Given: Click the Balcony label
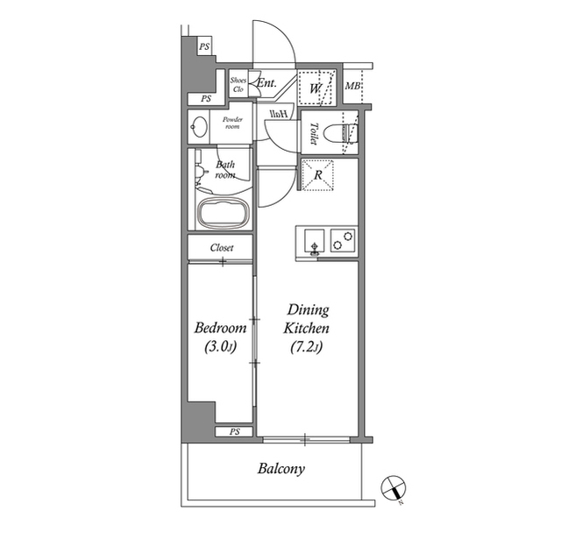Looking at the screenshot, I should click(x=280, y=469).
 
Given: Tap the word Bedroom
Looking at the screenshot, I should click(x=219, y=329).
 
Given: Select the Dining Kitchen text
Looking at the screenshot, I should click(x=306, y=319).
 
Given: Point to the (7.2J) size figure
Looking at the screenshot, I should click(x=306, y=348).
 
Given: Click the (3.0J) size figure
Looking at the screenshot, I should click(x=219, y=348).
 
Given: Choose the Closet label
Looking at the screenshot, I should click(x=221, y=248).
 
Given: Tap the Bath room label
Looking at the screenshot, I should click(x=225, y=168).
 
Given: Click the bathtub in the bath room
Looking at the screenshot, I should click(x=224, y=213).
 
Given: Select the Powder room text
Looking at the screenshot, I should click(x=231, y=122).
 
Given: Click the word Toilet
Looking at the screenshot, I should click(x=313, y=132).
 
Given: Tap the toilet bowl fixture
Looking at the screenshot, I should click(x=338, y=134).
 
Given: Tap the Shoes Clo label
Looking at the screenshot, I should click(x=238, y=85).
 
